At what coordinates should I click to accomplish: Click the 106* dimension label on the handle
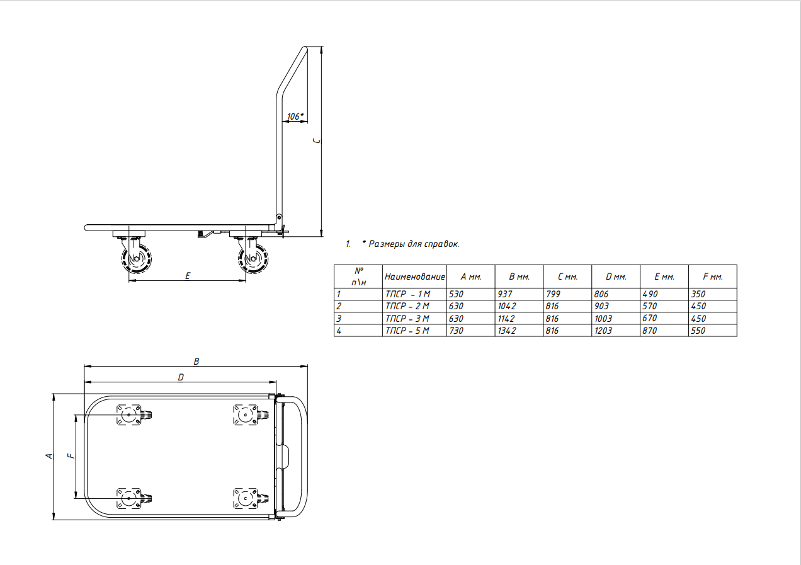click(295, 117)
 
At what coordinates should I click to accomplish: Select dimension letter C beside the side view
click(317, 141)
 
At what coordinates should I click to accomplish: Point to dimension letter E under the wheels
click(188, 276)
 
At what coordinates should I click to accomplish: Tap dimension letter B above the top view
click(196, 362)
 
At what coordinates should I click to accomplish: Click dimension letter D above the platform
click(181, 377)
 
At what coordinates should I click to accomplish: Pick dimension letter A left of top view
click(49, 456)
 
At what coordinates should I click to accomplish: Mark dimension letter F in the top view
click(72, 456)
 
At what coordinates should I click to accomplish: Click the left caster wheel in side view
click(136, 258)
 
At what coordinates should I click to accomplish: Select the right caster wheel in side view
click(253, 258)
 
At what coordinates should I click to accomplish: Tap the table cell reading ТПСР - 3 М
click(407, 318)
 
